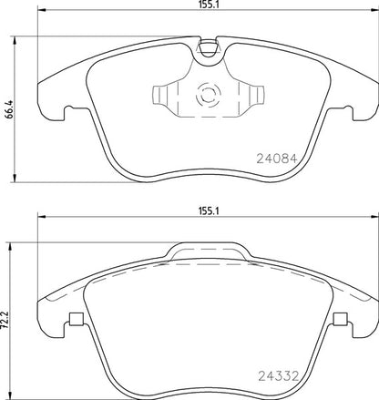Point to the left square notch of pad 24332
click(76, 318)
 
